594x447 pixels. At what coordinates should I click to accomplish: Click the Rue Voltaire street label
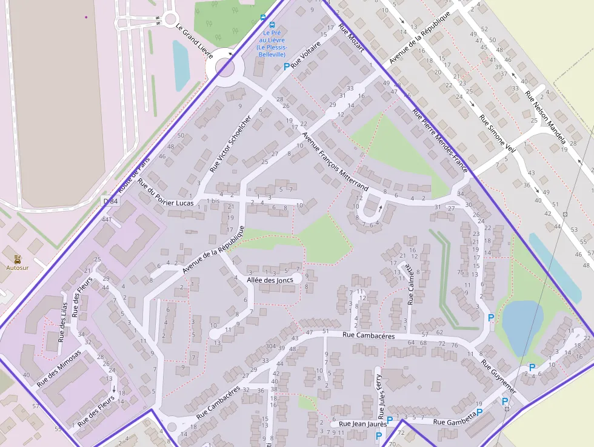pyautogui.click(x=306, y=55)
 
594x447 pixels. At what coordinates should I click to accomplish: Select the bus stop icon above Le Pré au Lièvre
pyautogui.click(x=262, y=18)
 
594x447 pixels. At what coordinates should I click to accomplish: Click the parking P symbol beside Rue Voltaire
pyautogui.click(x=286, y=67)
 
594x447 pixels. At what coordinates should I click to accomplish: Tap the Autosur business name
pyautogui.click(x=17, y=267)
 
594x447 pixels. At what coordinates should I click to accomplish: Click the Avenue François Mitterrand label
pyautogui.click(x=335, y=161)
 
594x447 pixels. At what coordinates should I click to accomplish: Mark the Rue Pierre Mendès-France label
pyautogui.click(x=439, y=140)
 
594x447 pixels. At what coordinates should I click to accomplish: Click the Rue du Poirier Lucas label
pyautogui.click(x=165, y=192)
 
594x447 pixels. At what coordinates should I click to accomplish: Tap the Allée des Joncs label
pyautogui.click(x=270, y=280)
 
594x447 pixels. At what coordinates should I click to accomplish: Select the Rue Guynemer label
pyautogui.click(x=499, y=377)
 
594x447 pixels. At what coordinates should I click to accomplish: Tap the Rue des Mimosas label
pyautogui.click(x=59, y=368)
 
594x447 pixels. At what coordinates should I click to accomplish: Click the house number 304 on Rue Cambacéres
pyautogui.click(x=270, y=347)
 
